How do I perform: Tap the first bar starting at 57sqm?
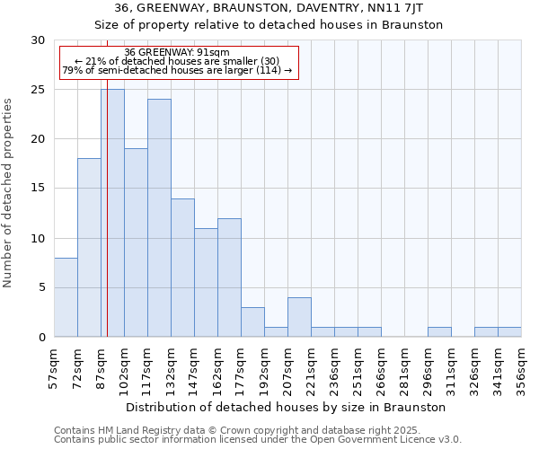(66, 297)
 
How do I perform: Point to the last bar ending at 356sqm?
(509, 332)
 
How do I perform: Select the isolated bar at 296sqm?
(439, 332)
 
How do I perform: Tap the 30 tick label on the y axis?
(37, 40)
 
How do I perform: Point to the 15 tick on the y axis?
(37, 189)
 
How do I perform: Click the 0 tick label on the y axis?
(40, 337)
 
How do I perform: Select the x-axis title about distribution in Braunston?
(287, 407)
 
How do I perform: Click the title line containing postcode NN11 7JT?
(269, 8)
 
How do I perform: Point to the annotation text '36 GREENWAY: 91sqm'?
(177, 52)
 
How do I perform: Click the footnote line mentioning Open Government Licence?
(257, 439)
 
